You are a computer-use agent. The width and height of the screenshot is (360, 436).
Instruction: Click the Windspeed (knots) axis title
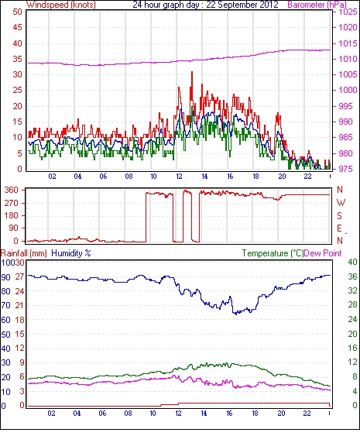tap(61, 5)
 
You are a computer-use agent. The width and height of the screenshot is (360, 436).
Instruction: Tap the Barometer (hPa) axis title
tap(317, 5)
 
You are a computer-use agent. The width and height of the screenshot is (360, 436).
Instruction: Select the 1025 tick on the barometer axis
tap(348, 12)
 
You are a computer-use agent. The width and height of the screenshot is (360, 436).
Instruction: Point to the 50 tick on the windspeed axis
tap(17, 12)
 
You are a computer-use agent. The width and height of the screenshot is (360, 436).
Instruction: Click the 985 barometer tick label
tap(348, 137)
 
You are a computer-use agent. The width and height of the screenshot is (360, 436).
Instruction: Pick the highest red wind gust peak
tap(192, 72)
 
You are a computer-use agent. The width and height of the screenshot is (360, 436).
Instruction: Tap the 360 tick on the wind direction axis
tap(12, 191)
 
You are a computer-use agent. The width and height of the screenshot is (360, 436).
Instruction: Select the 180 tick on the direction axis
tap(12, 215)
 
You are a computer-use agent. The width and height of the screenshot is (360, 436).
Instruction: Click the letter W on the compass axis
tap(341, 203)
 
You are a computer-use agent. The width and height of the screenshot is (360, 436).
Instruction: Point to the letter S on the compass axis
tap(339, 215)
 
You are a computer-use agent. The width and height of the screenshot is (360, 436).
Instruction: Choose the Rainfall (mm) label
tap(24, 253)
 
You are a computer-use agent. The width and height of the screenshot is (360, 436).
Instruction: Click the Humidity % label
tap(71, 253)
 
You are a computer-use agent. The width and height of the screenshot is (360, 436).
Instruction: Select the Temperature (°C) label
tap(273, 253)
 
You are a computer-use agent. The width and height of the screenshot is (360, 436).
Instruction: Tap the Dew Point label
tap(323, 253)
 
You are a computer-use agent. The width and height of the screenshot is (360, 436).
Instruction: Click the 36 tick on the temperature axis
tap(352, 276)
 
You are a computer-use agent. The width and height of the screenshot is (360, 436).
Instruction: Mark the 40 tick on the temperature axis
tap(352, 262)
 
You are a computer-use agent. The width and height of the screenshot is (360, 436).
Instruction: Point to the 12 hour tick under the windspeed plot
tap(179, 177)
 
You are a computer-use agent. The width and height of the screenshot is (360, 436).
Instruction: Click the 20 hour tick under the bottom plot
tap(281, 414)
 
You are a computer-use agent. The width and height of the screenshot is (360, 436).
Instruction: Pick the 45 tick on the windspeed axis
tap(17, 27)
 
